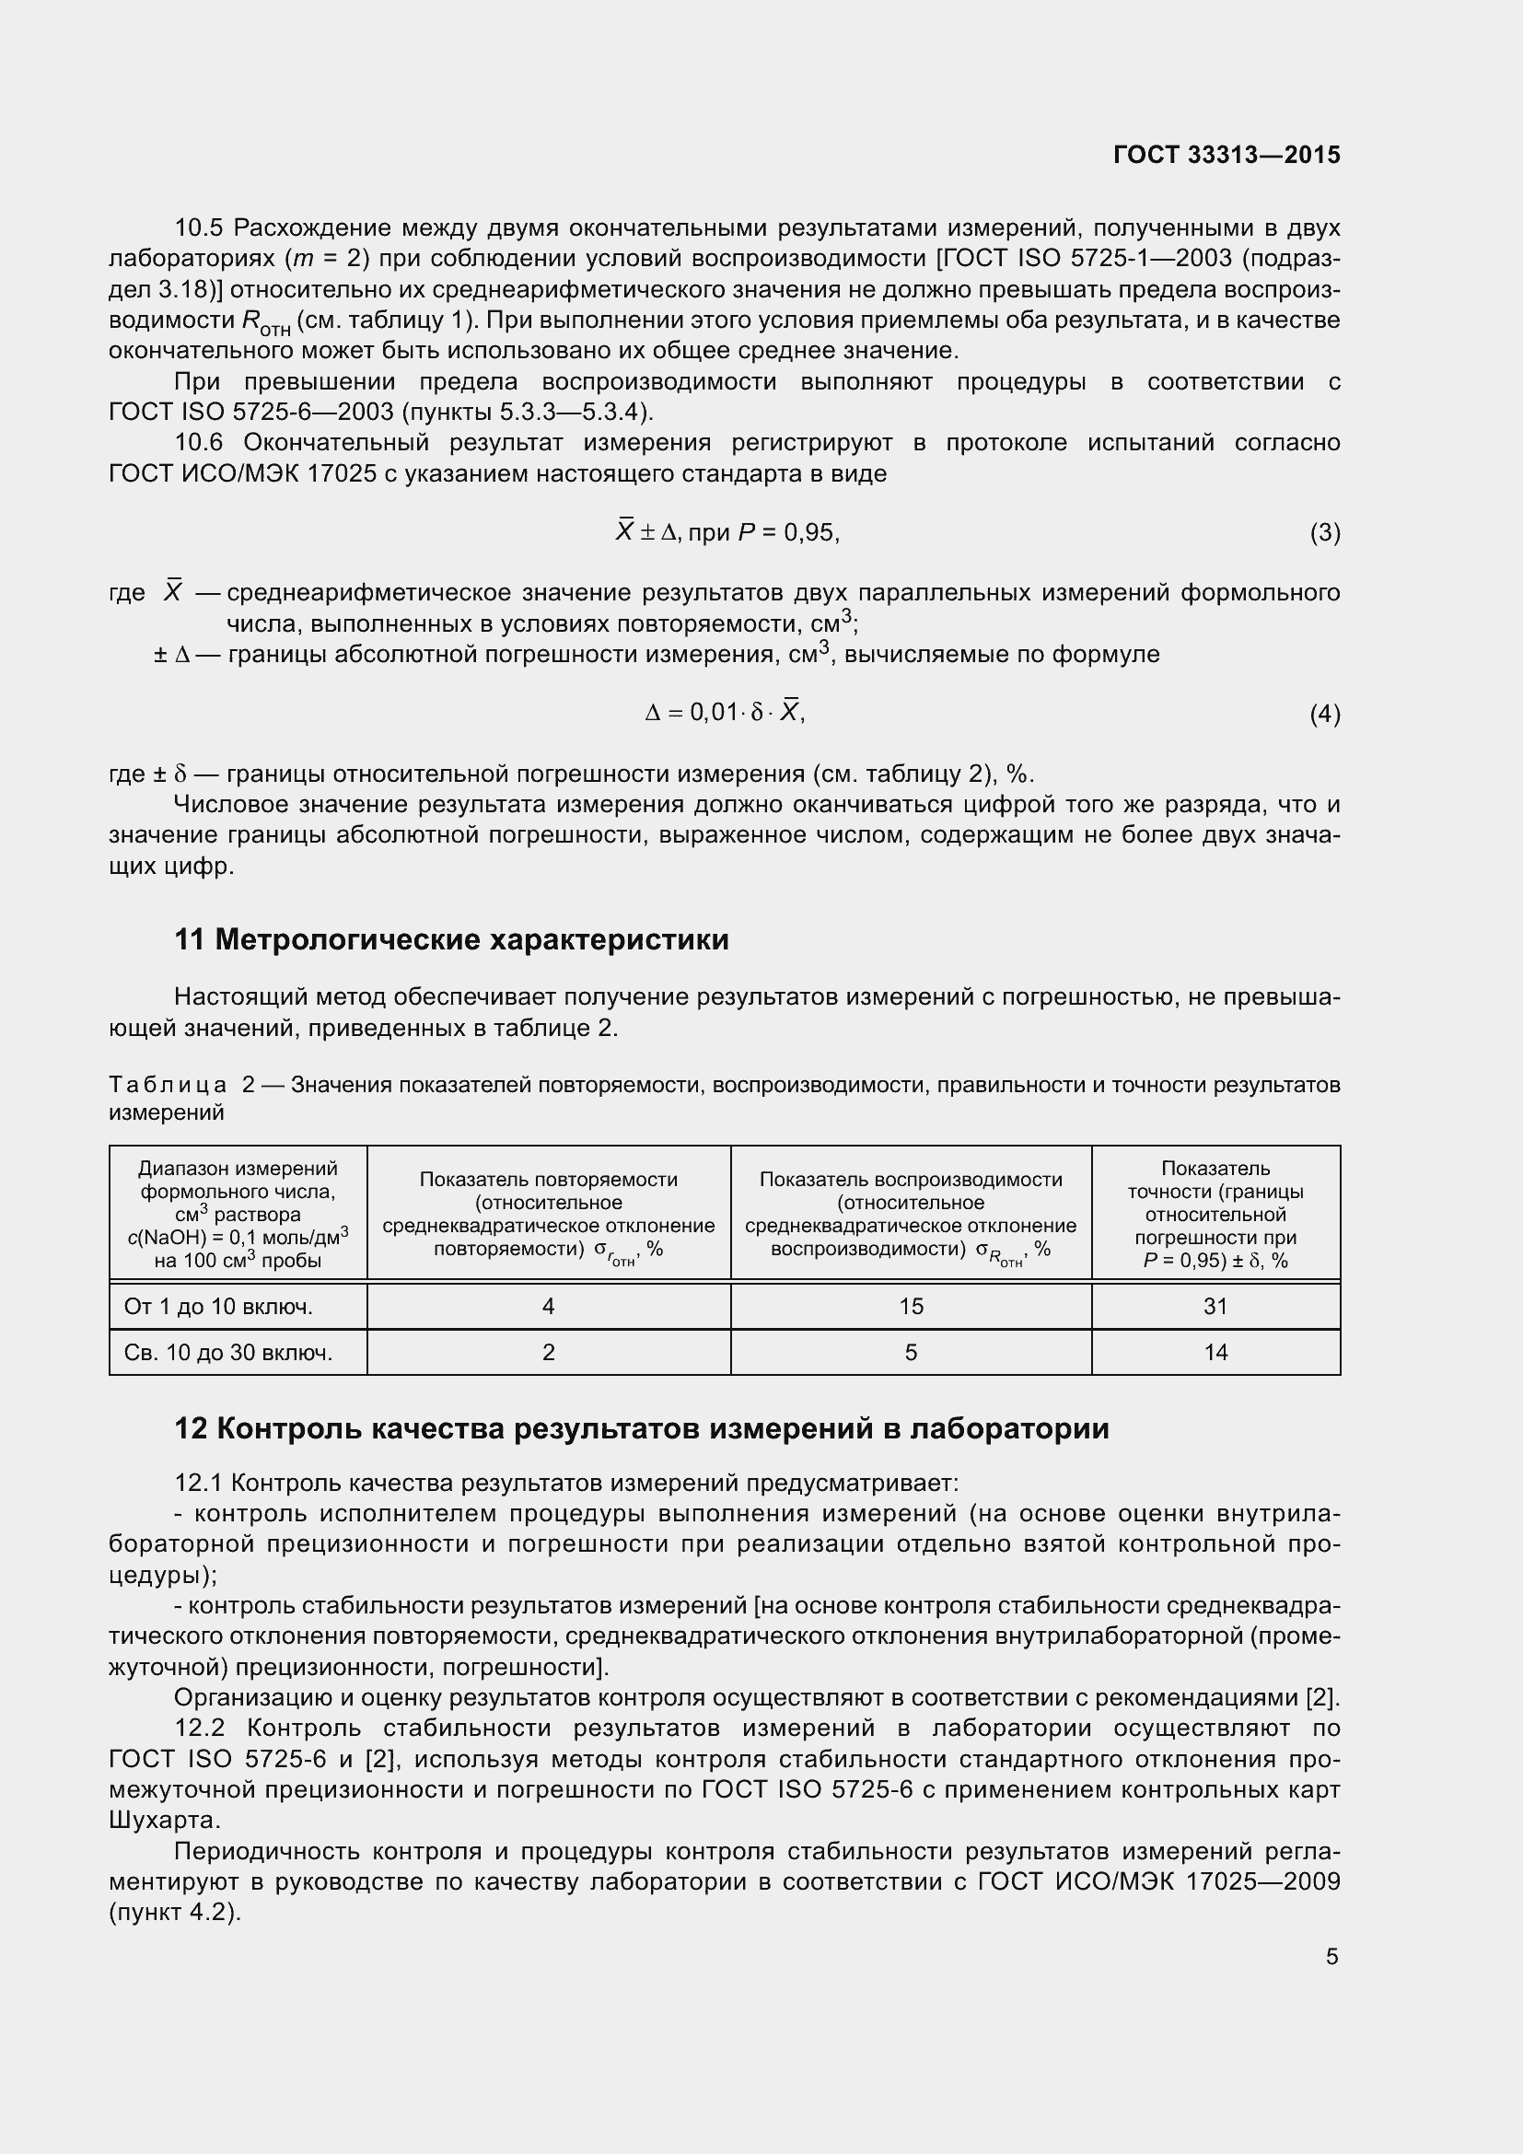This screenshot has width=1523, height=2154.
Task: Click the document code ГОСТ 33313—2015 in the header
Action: pyautogui.click(x=1227, y=155)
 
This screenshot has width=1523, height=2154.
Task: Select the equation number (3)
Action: pyautogui.click(x=1324, y=533)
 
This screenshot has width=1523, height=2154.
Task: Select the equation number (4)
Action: pyautogui.click(x=1324, y=715)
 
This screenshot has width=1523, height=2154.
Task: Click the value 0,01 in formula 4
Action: pyautogui.click(x=714, y=713)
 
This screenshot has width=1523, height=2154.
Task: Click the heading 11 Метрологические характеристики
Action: pyautogui.click(x=451, y=939)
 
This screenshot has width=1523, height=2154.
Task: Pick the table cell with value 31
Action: pyautogui.click(x=1215, y=1306)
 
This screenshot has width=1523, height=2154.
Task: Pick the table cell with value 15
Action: pyautogui.click(x=911, y=1306)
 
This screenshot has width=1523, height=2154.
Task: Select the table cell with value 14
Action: pyautogui.click(x=1215, y=1352)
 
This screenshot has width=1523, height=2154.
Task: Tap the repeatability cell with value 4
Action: pyautogui.click(x=549, y=1306)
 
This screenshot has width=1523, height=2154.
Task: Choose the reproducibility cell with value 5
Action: pyautogui.click(x=911, y=1352)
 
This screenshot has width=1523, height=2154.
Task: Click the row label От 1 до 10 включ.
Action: pyautogui.click(x=218, y=1306)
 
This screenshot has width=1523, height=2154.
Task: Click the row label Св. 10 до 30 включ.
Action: pyautogui.click(x=227, y=1352)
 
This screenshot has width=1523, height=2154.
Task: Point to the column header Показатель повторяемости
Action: pyautogui.click(x=549, y=1180)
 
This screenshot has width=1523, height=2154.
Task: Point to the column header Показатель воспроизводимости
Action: pyautogui.click(x=911, y=1180)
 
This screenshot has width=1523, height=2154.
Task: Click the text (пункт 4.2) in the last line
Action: pyautogui.click(x=175, y=1912)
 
